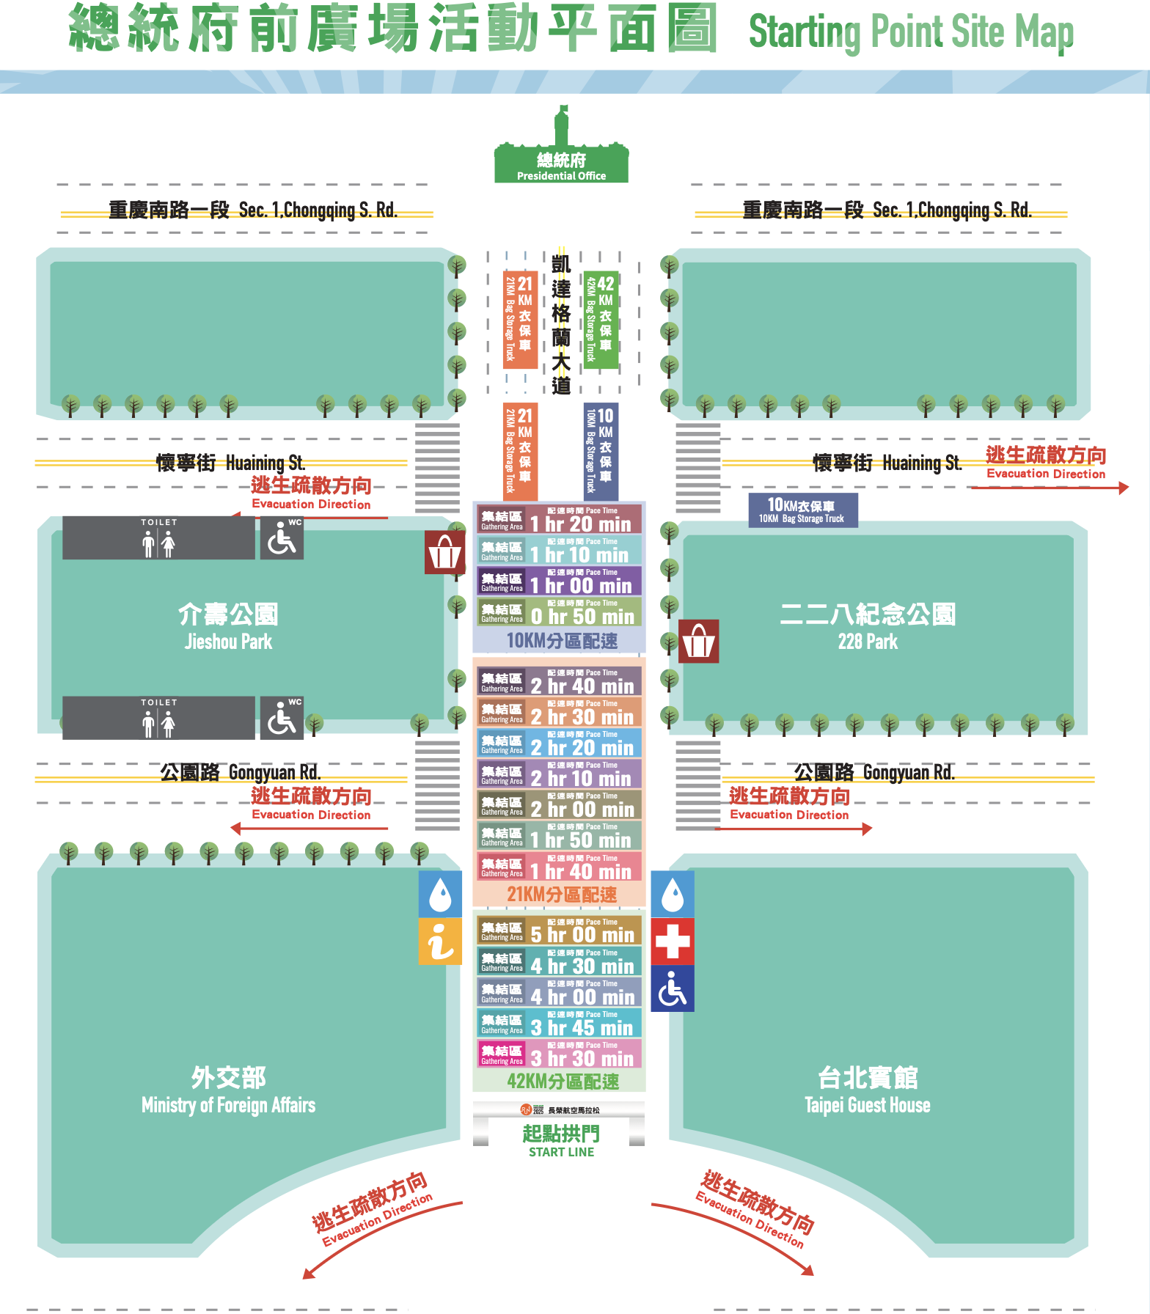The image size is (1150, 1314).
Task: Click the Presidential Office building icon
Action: click(x=561, y=150)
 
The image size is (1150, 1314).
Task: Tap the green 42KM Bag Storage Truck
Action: click(x=601, y=320)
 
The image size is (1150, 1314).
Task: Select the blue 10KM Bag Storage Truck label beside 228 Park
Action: click(x=802, y=510)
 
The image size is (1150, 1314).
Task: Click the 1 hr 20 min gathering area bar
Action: click(x=560, y=518)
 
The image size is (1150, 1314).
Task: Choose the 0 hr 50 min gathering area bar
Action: click(x=560, y=612)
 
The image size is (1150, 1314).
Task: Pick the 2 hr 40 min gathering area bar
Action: click(x=560, y=681)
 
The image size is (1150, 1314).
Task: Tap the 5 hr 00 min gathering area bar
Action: click(x=560, y=930)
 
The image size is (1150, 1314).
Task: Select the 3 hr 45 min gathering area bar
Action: click(x=560, y=1023)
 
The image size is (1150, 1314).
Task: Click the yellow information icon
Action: click(x=440, y=941)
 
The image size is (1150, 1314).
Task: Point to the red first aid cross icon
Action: click(x=673, y=941)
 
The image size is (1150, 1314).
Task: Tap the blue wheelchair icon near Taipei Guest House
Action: click(x=673, y=988)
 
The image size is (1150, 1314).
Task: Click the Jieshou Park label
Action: click(x=228, y=627)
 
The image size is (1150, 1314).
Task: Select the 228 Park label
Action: click(x=868, y=627)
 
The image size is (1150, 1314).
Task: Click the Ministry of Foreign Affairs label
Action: click(x=228, y=1091)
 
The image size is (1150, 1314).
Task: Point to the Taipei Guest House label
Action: click(x=868, y=1091)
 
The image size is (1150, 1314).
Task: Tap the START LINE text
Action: click(x=561, y=1152)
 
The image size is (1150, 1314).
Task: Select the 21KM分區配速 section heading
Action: click(x=562, y=895)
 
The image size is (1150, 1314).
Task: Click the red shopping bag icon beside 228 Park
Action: click(x=698, y=642)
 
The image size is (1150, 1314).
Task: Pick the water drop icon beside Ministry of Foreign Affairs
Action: click(x=440, y=894)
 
